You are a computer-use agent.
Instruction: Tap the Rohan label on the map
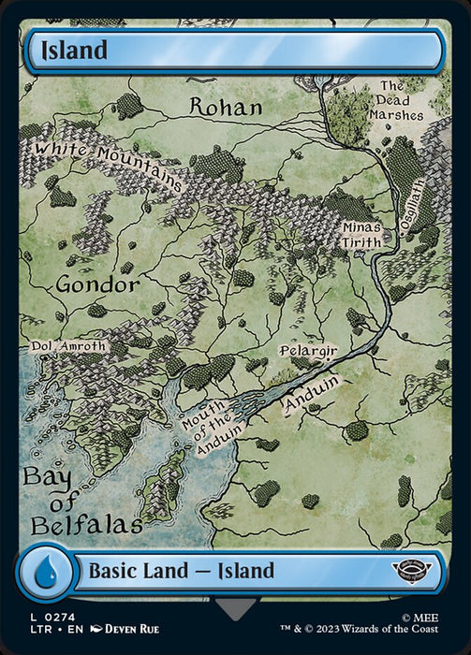tap(226, 107)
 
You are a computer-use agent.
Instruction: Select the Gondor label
tap(97, 284)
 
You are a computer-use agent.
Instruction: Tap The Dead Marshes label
tap(401, 101)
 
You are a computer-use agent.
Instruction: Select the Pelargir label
tap(308, 350)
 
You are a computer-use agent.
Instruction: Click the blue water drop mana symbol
tap(45, 572)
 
